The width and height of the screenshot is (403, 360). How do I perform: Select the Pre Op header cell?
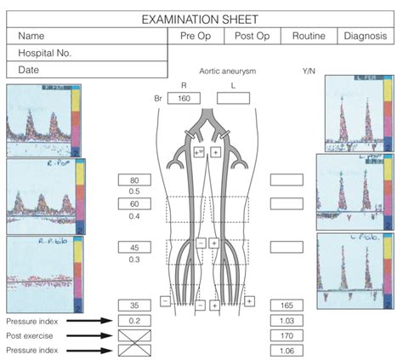(196, 36)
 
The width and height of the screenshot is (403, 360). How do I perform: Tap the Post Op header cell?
(252, 36)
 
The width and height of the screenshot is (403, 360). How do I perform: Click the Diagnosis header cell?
(367, 36)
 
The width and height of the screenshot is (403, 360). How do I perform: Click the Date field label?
(30, 70)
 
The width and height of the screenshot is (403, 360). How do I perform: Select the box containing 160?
(184, 98)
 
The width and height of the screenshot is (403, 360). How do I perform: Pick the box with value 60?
(133, 204)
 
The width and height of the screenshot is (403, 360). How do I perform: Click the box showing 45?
(133, 247)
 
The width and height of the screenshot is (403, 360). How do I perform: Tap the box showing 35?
(133, 304)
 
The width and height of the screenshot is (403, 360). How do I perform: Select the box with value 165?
(286, 304)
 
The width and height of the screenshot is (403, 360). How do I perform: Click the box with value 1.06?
(286, 350)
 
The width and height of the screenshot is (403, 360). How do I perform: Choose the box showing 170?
(286, 334)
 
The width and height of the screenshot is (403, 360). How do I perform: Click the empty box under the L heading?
(233, 98)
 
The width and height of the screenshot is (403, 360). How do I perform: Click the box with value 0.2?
(133, 320)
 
